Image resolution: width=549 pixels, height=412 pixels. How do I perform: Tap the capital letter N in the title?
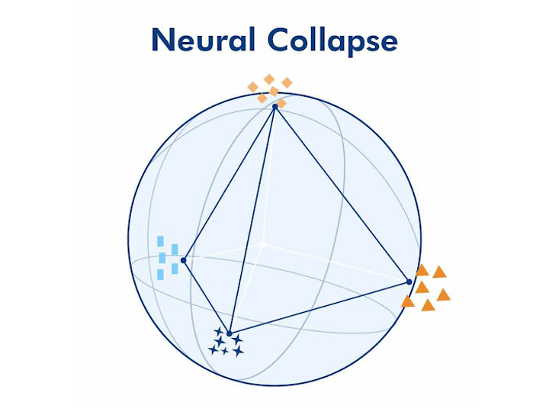pyautogui.click(x=162, y=40)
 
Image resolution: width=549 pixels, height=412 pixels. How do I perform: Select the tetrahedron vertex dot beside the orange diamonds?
pyautogui.click(x=274, y=107)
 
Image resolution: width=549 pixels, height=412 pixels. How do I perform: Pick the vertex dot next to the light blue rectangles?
pyautogui.click(x=183, y=260)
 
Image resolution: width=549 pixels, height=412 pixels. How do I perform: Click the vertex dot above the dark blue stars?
pyautogui.click(x=229, y=333)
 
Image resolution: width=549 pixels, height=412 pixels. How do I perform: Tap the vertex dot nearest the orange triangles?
pyautogui.click(x=409, y=282)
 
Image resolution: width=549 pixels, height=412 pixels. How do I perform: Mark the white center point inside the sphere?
pyautogui.click(x=262, y=244)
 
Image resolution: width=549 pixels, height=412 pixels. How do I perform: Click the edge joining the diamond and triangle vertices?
pyautogui.click(x=342, y=195)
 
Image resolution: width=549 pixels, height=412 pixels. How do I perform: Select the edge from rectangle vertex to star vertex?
pyautogui.click(x=206, y=297)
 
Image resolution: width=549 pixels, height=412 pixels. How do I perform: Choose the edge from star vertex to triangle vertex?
pyautogui.click(x=319, y=307)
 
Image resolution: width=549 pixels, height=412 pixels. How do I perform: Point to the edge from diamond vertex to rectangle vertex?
pyautogui.click(x=229, y=183)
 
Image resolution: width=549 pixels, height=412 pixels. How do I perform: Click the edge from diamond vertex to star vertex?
pyautogui.click(x=252, y=220)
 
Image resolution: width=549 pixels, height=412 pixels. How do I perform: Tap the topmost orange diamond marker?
pyautogui.click(x=269, y=79)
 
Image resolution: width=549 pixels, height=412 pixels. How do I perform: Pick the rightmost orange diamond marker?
pyautogui.click(x=287, y=82)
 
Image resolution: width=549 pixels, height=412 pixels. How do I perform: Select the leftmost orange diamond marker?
pyautogui.click(x=253, y=87)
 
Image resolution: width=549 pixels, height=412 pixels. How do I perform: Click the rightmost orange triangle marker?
pyautogui.click(x=443, y=295)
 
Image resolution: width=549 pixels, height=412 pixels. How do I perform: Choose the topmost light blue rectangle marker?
pyautogui.click(x=160, y=241)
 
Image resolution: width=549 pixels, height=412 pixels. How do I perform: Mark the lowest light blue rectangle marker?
pyautogui.click(x=160, y=274)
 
